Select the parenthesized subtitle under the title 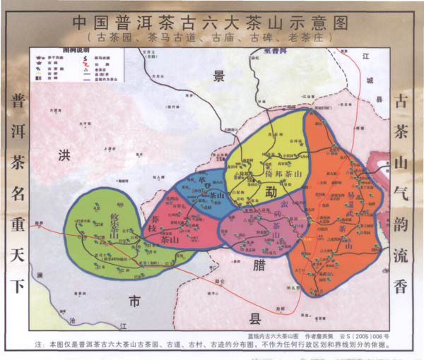(211, 35)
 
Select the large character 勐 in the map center (271, 191)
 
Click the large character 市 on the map (134, 301)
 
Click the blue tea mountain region (201, 191)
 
